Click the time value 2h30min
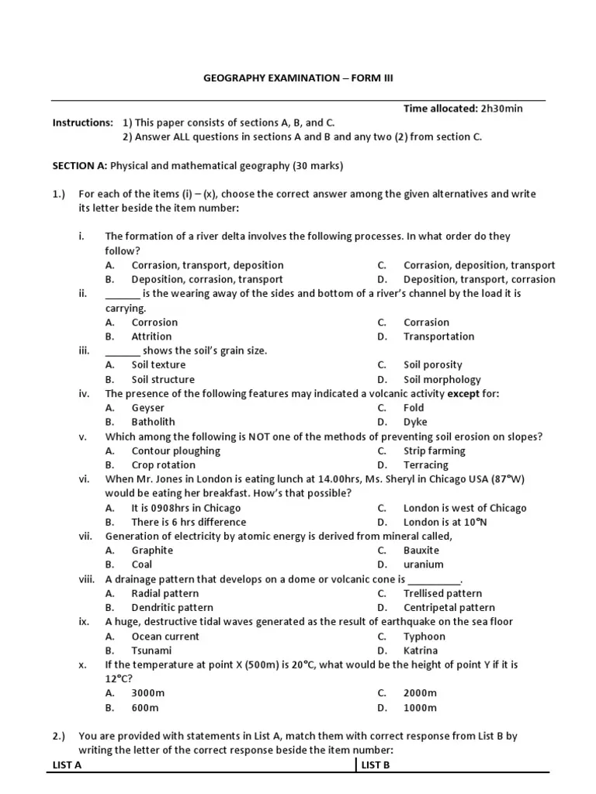[501, 109]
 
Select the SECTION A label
[80, 166]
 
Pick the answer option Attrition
[151, 337]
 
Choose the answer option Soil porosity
[432, 364]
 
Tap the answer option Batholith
[153, 422]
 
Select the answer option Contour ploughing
[175, 451]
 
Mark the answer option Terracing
[425, 465]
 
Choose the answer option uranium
[424, 564]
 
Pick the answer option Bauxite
[421, 551]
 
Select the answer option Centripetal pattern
[449, 608]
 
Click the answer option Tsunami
[151, 651]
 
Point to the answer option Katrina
[421, 651]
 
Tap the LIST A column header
[67, 765]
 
